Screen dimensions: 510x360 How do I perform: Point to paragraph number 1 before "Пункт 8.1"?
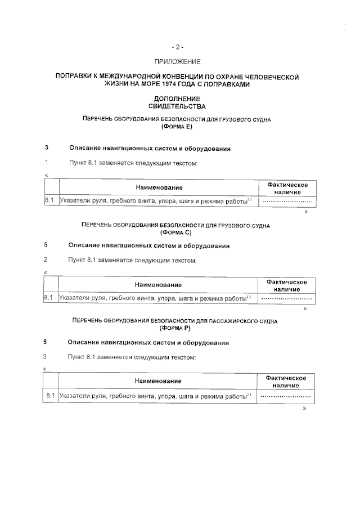click(x=46, y=163)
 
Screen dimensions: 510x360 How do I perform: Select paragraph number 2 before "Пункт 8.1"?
click(x=46, y=261)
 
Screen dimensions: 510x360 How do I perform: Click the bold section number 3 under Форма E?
click(x=46, y=149)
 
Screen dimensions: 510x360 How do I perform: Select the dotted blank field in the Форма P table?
click(x=286, y=396)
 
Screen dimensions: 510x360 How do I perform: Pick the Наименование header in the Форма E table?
click(x=158, y=187)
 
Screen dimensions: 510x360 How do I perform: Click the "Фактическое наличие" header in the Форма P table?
click(x=286, y=381)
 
